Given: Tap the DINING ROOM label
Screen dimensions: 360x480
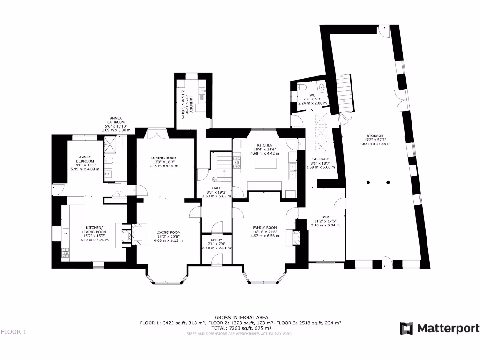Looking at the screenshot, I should click(x=164, y=157).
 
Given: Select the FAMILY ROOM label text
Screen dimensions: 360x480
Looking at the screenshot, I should click(x=265, y=227).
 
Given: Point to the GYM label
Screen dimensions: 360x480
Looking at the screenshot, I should click(x=325, y=217).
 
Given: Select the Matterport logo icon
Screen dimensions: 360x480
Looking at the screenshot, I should click(x=406, y=328).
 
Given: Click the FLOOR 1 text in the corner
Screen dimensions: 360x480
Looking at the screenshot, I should click(x=14, y=332).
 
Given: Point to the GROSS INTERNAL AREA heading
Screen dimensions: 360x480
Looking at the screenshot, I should click(x=241, y=317).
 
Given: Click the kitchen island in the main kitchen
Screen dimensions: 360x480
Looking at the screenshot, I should click(x=264, y=164).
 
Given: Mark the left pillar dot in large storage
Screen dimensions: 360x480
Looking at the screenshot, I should click(x=369, y=182).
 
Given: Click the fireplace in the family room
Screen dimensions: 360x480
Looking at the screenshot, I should click(x=296, y=238).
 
